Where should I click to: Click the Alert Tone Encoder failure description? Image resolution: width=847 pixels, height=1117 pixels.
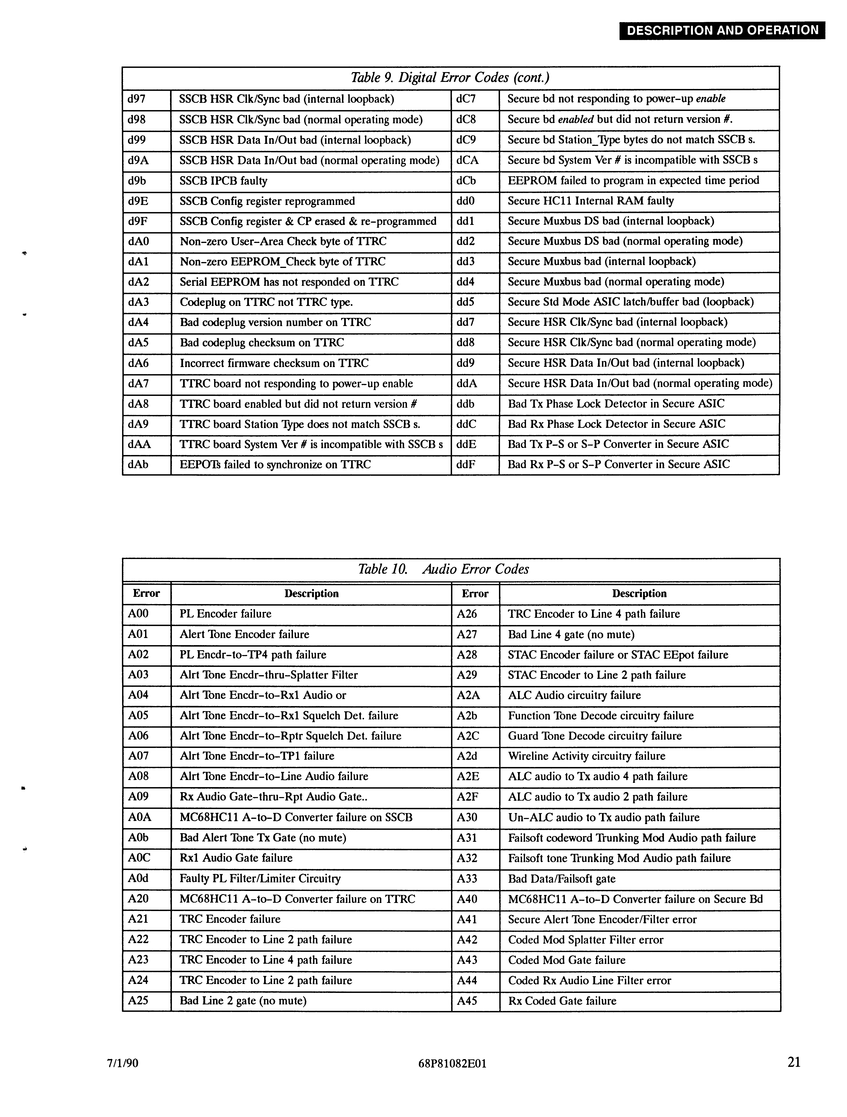pos(245,634)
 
